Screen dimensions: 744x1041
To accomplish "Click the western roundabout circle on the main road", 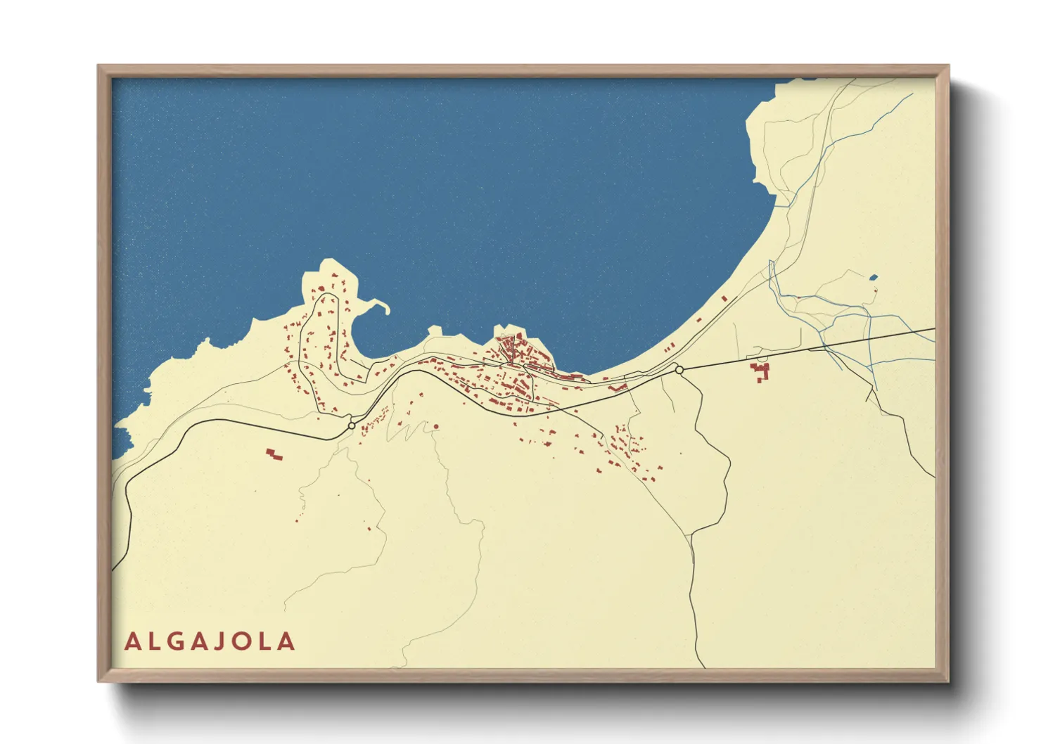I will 351,425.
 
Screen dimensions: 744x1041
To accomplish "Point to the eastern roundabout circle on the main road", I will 679,369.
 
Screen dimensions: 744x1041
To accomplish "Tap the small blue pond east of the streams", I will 874,278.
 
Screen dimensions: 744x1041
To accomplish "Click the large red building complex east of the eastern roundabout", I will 760,371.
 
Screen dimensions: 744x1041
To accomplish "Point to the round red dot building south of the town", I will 436,426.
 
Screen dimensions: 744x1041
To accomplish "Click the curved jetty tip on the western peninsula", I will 386,307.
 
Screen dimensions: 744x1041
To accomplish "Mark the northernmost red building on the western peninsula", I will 334,276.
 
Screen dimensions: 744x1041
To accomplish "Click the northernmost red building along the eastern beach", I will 724,298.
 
